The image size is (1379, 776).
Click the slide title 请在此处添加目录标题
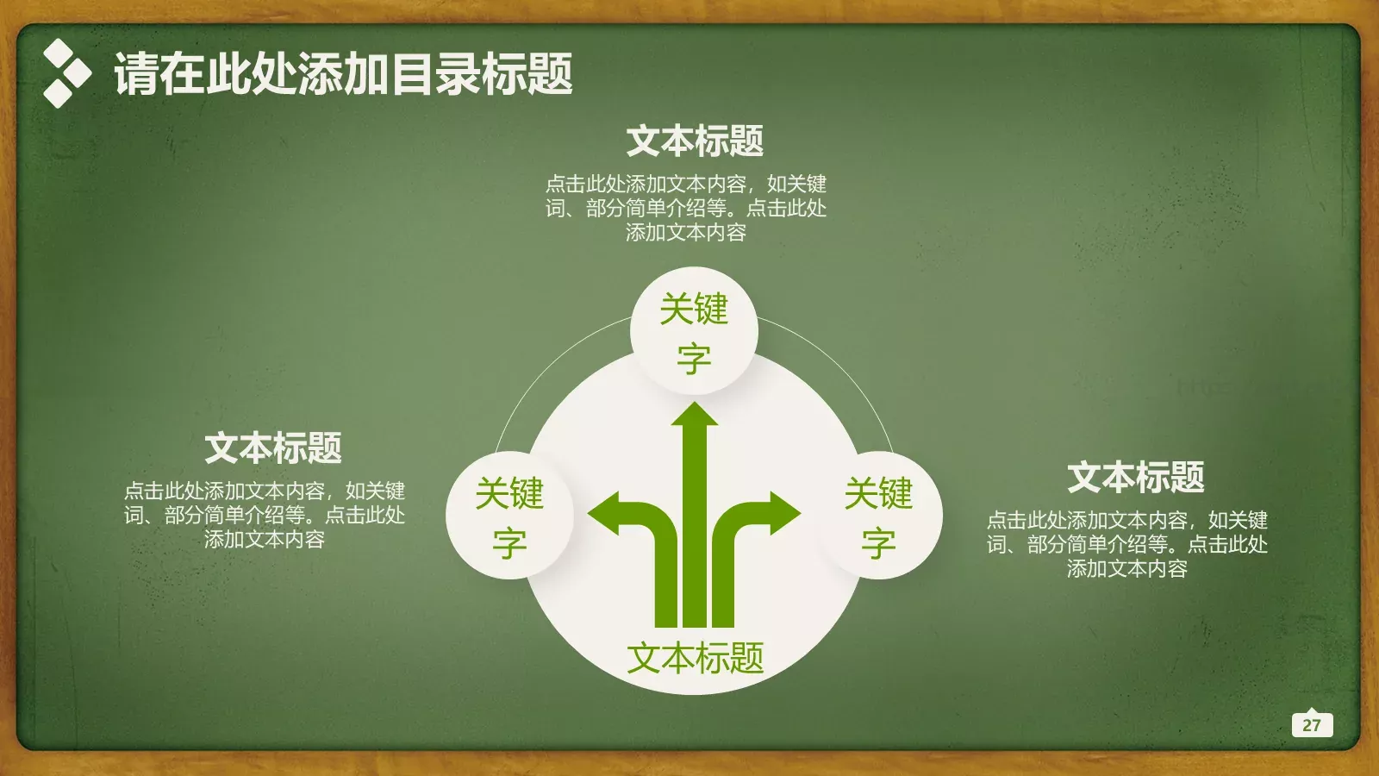click(x=343, y=73)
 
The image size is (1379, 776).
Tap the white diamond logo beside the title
click(x=66, y=73)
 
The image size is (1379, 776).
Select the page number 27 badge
click(x=1312, y=725)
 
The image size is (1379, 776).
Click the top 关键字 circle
click(x=694, y=332)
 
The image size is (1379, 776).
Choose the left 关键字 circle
click(x=509, y=516)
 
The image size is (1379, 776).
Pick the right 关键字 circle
click(x=878, y=516)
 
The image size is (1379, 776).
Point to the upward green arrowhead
click(x=695, y=416)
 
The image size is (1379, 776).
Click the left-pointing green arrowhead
click(x=606, y=513)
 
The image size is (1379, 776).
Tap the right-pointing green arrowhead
click(x=783, y=513)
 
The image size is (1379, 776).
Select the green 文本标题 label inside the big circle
click(x=695, y=658)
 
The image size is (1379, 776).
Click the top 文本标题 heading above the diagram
click(x=695, y=141)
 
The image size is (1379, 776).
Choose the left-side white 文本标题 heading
click(x=273, y=447)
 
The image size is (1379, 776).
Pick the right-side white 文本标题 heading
click(x=1136, y=477)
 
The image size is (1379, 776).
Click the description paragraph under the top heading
click(x=686, y=208)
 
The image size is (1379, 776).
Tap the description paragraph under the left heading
click(x=265, y=515)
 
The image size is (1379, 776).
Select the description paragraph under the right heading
click(x=1127, y=544)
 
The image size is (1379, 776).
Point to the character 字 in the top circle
click(x=694, y=359)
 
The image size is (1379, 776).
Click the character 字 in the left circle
click(x=509, y=543)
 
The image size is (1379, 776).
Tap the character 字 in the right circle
click(x=878, y=543)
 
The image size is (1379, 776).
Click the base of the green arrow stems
click(x=695, y=616)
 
